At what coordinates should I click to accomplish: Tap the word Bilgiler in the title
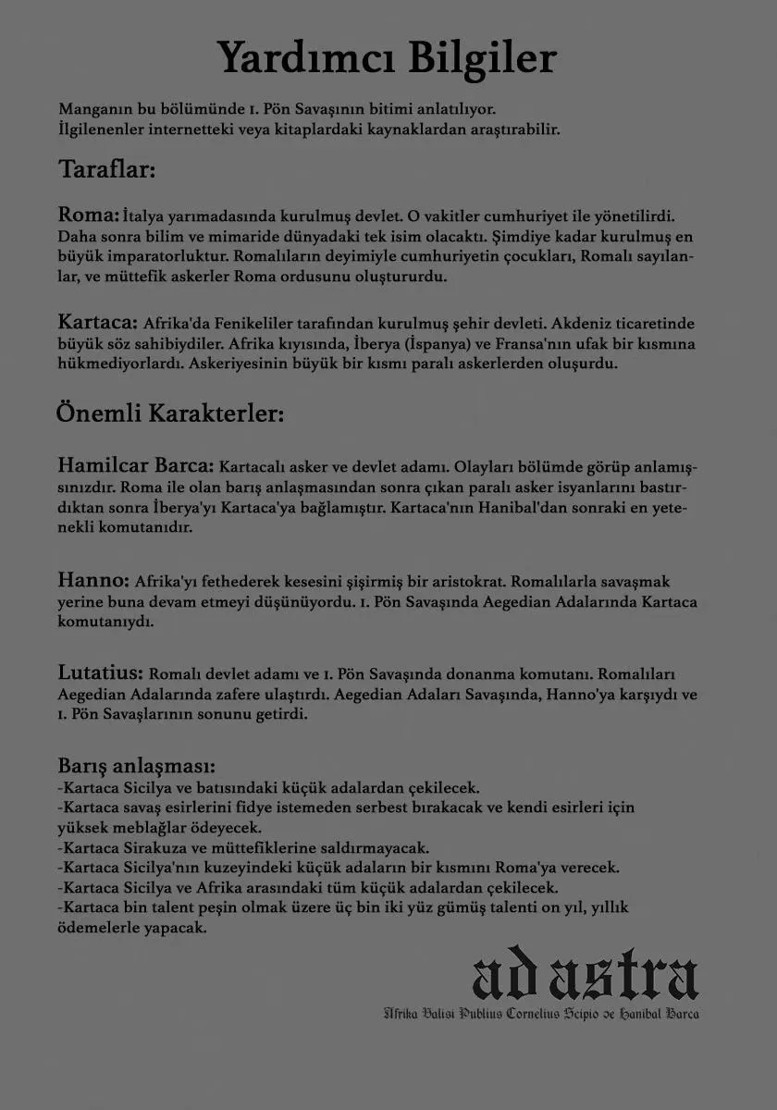[x=478, y=57]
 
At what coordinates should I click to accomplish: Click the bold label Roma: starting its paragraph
[x=89, y=216]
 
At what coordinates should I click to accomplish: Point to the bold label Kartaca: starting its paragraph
[x=97, y=324]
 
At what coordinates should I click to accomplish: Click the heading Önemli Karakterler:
[x=169, y=412]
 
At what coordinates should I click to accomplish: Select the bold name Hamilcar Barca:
[x=135, y=462]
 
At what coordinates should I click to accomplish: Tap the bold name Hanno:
[x=92, y=581]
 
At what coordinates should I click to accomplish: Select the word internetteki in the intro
[x=193, y=128]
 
